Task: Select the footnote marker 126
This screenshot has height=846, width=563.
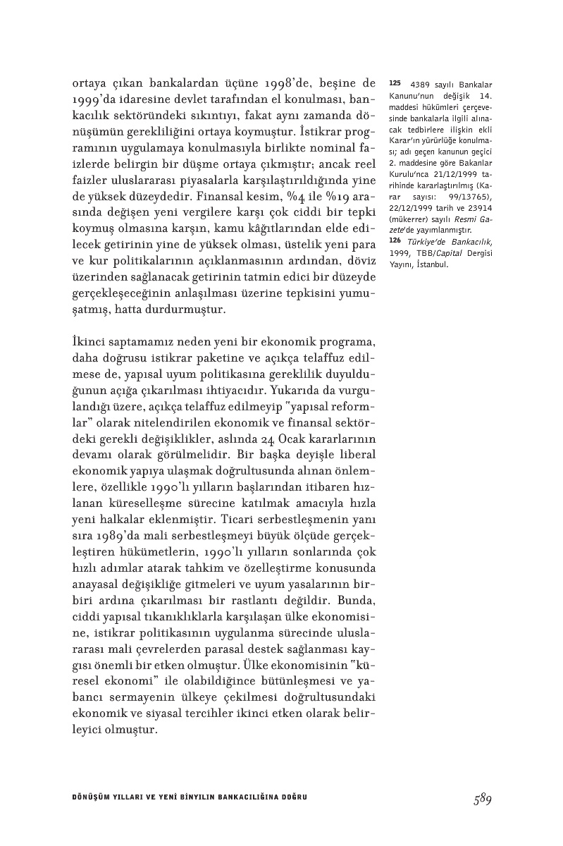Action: point(395,242)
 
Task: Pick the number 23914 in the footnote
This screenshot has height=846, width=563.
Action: point(479,218)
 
